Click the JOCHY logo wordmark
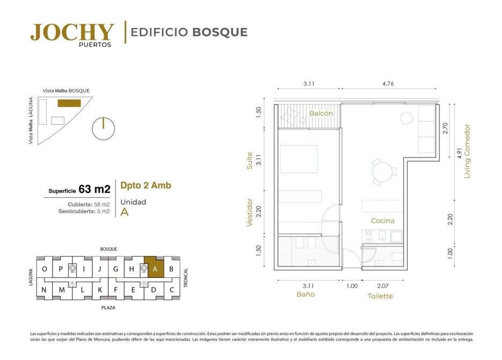tap(72, 32)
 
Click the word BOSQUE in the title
tap(220, 32)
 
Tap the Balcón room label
tap(321, 113)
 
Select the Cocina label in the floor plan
tap(383, 221)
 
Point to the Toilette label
tap(380, 296)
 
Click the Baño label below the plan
tap(305, 294)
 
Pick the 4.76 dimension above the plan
tap(388, 84)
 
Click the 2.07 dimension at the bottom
tap(383, 286)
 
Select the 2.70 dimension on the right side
tap(445, 128)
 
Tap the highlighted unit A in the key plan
tap(154, 267)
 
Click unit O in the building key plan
tap(45, 269)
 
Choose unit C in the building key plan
tap(172, 290)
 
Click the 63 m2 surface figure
tap(94, 189)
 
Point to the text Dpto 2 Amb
tap(145, 185)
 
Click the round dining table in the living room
tap(382, 172)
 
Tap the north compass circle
tap(103, 129)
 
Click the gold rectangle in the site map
tap(69, 103)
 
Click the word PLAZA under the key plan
tap(108, 308)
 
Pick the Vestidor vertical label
tap(250, 213)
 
